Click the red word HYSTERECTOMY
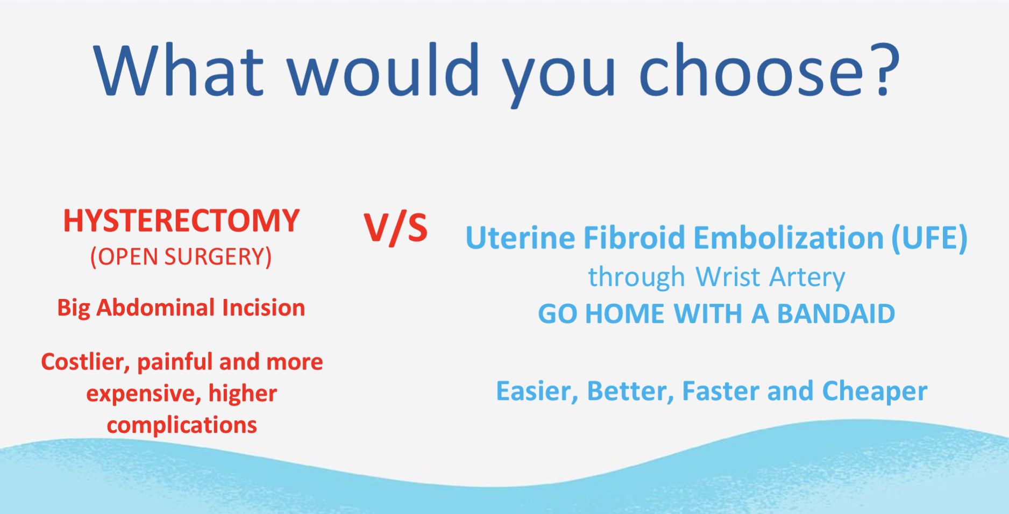(x=181, y=221)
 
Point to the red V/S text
(x=395, y=228)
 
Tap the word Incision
(x=264, y=308)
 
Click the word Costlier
(x=85, y=362)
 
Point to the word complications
(x=182, y=425)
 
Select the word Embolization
(x=788, y=238)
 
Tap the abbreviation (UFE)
(x=929, y=238)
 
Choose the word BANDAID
(x=836, y=314)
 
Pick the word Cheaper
(x=875, y=391)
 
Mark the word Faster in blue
(x=721, y=391)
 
